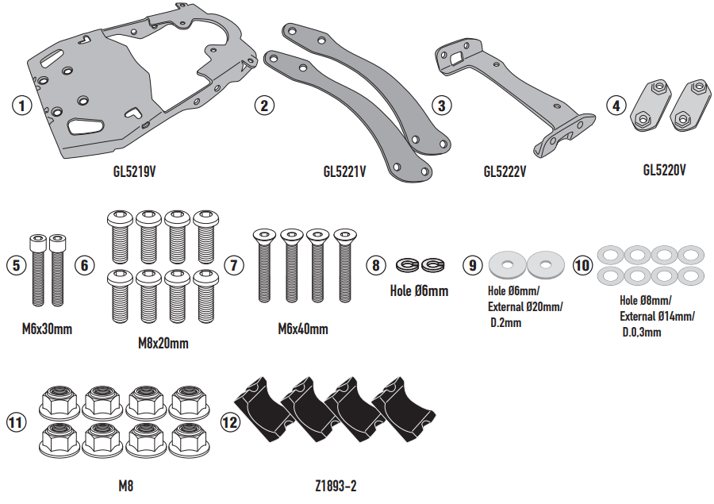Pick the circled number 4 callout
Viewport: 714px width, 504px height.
point(615,105)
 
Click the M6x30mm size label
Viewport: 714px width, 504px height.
point(47,328)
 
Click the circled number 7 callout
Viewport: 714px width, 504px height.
point(233,265)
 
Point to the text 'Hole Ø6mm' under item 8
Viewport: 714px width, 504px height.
point(419,290)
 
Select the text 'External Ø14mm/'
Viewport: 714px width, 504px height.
point(657,316)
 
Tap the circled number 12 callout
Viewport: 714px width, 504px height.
point(230,422)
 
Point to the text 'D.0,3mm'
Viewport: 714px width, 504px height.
point(642,332)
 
